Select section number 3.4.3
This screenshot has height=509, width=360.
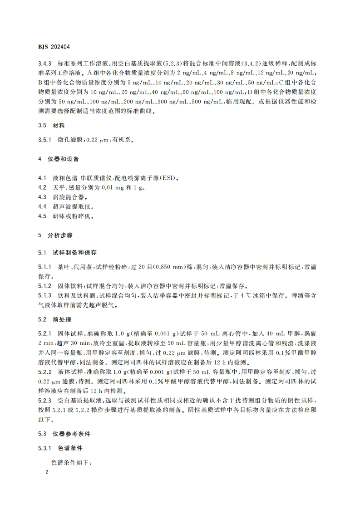45,64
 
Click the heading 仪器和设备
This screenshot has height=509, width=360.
64,159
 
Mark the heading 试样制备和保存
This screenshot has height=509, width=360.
74,252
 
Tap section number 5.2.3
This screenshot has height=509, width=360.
45,401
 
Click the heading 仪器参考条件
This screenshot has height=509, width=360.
70,434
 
